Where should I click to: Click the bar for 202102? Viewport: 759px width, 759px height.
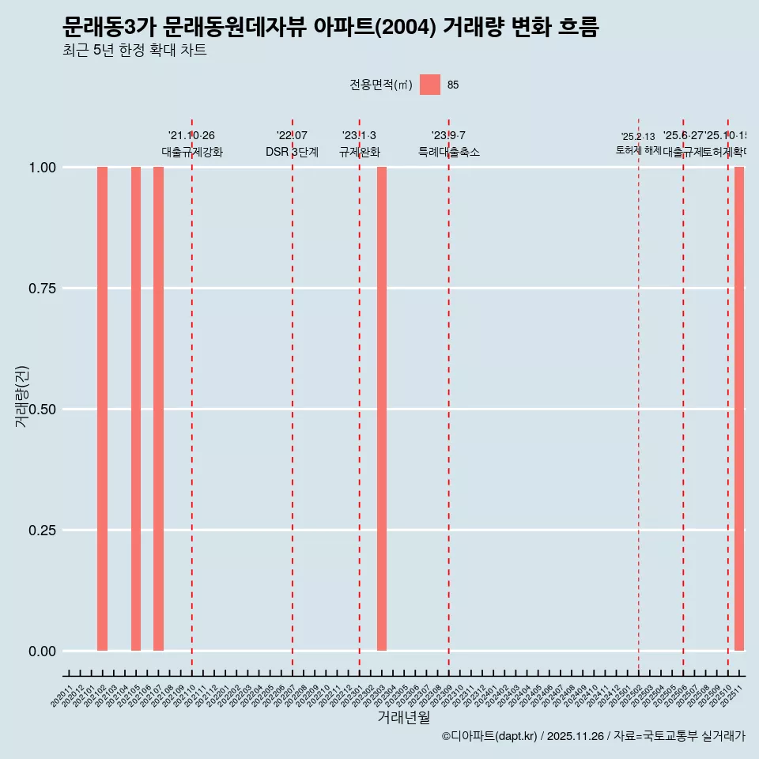click(x=102, y=409)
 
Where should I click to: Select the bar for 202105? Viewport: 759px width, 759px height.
click(x=136, y=409)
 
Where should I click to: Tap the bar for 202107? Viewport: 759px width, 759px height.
click(x=158, y=409)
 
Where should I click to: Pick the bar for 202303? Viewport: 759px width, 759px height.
click(x=382, y=409)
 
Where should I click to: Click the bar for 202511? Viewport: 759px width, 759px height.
click(x=739, y=409)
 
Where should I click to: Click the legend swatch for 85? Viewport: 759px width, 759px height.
click(x=430, y=85)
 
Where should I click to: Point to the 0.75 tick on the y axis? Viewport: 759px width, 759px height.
click(x=40, y=289)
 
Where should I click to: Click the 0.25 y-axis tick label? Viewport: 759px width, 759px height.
click(x=40, y=531)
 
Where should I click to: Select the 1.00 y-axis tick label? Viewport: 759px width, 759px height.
click(x=40, y=168)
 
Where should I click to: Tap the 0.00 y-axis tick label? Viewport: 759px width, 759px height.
click(x=40, y=651)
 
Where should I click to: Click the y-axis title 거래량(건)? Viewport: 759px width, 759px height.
click(x=22, y=396)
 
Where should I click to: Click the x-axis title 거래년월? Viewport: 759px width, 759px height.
click(x=404, y=717)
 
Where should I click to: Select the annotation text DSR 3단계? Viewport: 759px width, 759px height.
click(x=292, y=152)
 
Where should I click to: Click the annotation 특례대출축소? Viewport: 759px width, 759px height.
click(x=449, y=152)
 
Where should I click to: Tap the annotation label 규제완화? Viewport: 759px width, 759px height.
click(x=360, y=152)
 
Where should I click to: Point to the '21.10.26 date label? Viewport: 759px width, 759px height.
click(x=191, y=136)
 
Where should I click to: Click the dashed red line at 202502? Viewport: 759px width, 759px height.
click(x=639, y=395)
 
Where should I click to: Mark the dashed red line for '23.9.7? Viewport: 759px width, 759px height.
click(x=449, y=395)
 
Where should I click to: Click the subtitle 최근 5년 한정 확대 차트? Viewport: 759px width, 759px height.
click(x=134, y=51)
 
